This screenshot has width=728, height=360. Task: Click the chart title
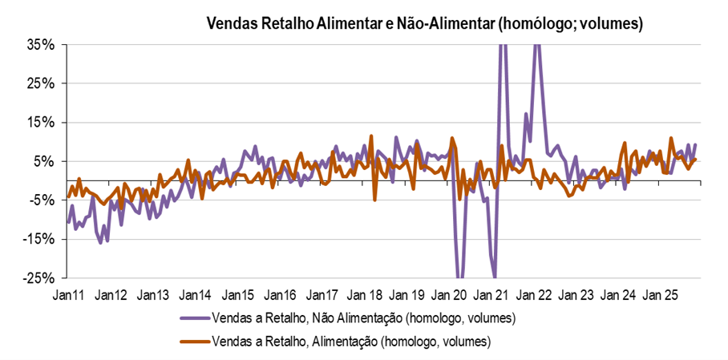pyautogui.click(x=425, y=23)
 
